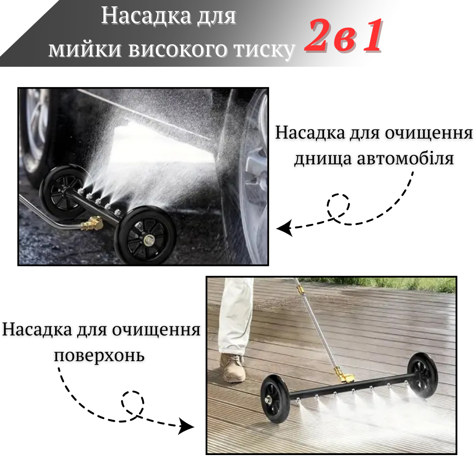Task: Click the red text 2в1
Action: click(344, 36)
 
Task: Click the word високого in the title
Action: click(178, 49)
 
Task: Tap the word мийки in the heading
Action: click(86, 48)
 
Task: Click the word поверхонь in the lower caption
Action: click(99, 356)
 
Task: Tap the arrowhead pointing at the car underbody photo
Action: click(285, 228)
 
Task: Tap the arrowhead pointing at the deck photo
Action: click(186, 426)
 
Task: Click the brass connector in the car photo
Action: click(92, 223)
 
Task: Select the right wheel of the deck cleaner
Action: click(422, 375)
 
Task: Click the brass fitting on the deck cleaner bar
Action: click(344, 375)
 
